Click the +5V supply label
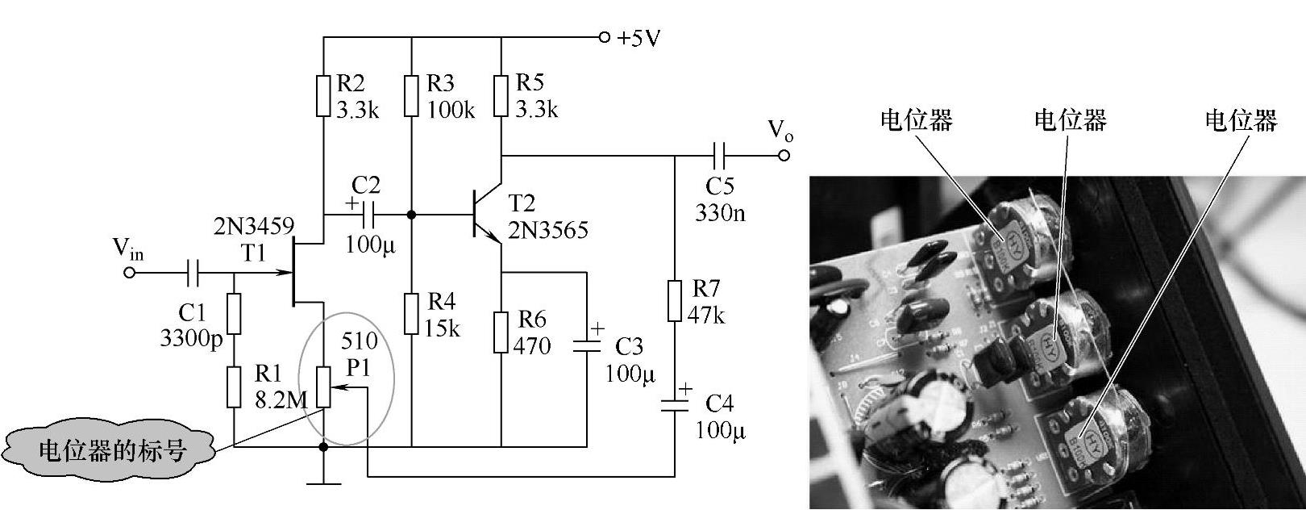point(638,38)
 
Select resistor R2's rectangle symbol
point(323,96)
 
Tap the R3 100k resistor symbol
point(412,96)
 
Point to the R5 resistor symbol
point(501,96)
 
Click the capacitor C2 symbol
point(367,215)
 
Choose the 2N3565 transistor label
point(548,230)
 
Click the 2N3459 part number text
point(254,226)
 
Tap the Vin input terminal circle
point(129,273)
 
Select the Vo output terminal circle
point(784,155)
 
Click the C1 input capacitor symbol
point(193,273)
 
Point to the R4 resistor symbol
point(412,314)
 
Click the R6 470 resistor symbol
point(501,332)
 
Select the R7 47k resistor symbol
point(676,301)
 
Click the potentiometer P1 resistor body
point(323,387)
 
